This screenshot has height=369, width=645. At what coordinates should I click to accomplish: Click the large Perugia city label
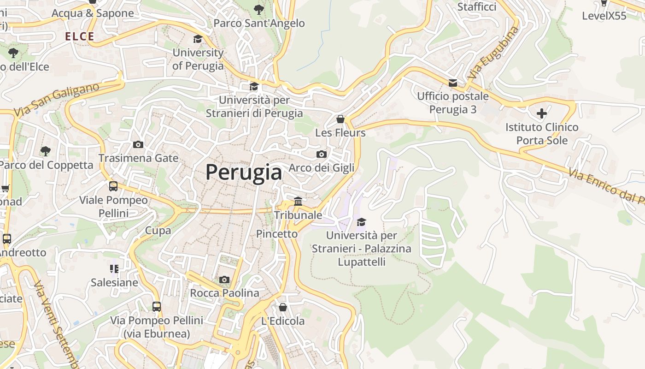click(244, 173)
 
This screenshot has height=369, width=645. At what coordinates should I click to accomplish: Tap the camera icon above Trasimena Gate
click(138, 144)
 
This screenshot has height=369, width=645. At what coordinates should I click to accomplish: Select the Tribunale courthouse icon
click(298, 202)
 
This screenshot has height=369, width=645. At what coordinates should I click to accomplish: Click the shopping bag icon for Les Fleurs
click(340, 119)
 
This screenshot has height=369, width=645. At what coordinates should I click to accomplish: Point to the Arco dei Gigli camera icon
click(322, 154)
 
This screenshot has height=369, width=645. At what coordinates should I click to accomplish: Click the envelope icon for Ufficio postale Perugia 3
click(453, 83)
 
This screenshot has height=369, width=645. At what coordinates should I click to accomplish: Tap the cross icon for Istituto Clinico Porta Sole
click(542, 113)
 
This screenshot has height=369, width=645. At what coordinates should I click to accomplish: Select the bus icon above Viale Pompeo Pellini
click(113, 186)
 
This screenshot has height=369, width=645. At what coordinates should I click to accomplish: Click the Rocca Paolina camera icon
click(224, 280)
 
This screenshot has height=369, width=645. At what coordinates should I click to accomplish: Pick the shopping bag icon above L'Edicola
click(283, 307)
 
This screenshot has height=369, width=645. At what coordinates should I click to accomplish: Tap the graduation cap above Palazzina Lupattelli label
click(362, 222)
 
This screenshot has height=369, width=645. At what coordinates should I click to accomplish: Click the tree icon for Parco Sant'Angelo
click(259, 9)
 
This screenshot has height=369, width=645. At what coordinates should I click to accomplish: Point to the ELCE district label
click(80, 37)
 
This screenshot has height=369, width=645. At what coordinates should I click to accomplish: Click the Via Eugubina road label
click(493, 53)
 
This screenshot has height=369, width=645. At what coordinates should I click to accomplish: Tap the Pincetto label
click(277, 234)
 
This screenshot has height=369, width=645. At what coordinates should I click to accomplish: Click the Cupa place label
click(158, 230)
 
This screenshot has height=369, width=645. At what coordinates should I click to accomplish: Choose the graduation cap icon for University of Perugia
click(198, 39)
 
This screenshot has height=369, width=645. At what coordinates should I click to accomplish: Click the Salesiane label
click(114, 282)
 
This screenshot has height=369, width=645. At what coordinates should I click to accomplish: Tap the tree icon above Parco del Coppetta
click(46, 151)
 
